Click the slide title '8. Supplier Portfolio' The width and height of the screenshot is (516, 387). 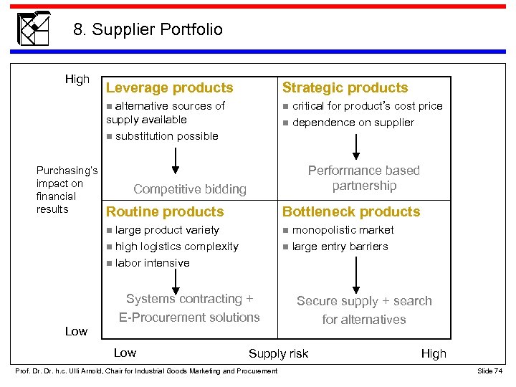click(148, 29)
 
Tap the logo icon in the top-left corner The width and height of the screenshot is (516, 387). click(34, 28)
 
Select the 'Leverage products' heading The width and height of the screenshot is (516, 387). click(169, 88)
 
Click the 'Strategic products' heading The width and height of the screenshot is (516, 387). click(345, 88)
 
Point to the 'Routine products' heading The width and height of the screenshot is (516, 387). click(165, 212)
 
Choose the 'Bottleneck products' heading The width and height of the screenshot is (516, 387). click(351, 212)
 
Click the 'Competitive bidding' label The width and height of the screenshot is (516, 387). click(190, 189)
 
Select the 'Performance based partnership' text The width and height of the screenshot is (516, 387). click(363, 178)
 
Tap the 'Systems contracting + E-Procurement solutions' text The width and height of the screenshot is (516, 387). click(189, 308)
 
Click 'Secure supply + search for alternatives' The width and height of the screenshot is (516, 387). click(364, 310)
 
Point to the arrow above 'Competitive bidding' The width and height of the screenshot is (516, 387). click(174, 161)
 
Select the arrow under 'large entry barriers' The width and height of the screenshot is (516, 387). click(356, 273)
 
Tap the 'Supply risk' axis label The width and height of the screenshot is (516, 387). click(278, 353)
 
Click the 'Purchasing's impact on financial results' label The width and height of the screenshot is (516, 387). click(66, 190)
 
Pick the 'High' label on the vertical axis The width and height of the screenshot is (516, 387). click(77, 80)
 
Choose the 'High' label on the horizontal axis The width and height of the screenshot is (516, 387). click(433, 353)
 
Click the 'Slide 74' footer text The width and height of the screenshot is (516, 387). click(489, 371)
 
